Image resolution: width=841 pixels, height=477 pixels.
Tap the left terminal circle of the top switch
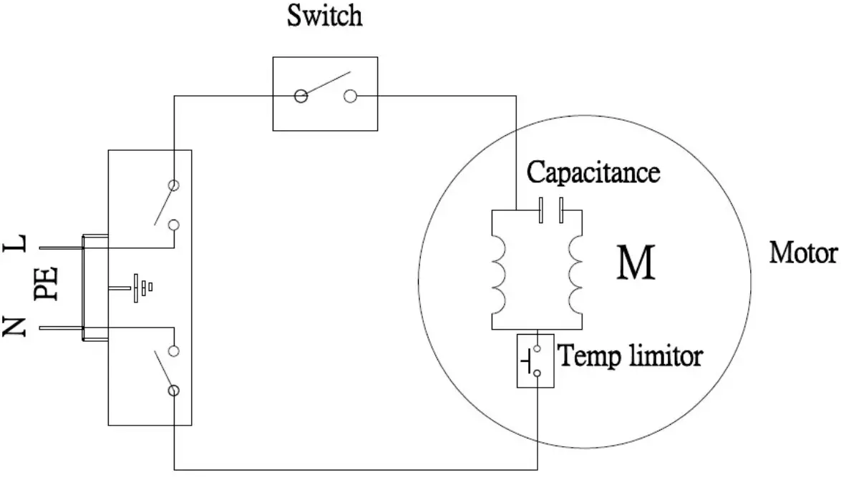click(x=301, y=95)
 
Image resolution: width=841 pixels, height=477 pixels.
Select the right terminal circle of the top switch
click(x=350, y=95)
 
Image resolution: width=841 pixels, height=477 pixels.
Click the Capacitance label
click(x=593, y=173)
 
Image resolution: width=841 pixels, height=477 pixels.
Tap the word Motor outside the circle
click(x=802, y=253)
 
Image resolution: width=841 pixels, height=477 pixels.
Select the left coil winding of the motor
click(x=497, y=273)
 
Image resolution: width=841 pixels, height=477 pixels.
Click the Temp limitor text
click(x=630, y=355)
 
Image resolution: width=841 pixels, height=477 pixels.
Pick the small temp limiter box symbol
click(x=535, y=360)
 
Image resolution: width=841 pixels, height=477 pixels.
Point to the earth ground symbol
click(x=138, y=287)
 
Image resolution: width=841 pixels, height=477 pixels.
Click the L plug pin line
click(x=61, y=248)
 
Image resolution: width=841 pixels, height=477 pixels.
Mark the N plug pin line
click(x=61, y=328)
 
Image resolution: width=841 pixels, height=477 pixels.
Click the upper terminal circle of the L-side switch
click(x=173, y=185)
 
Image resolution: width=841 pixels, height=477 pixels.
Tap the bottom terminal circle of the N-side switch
click(x=173, y=390)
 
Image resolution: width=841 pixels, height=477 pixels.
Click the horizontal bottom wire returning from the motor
click(x=358, y=469)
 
